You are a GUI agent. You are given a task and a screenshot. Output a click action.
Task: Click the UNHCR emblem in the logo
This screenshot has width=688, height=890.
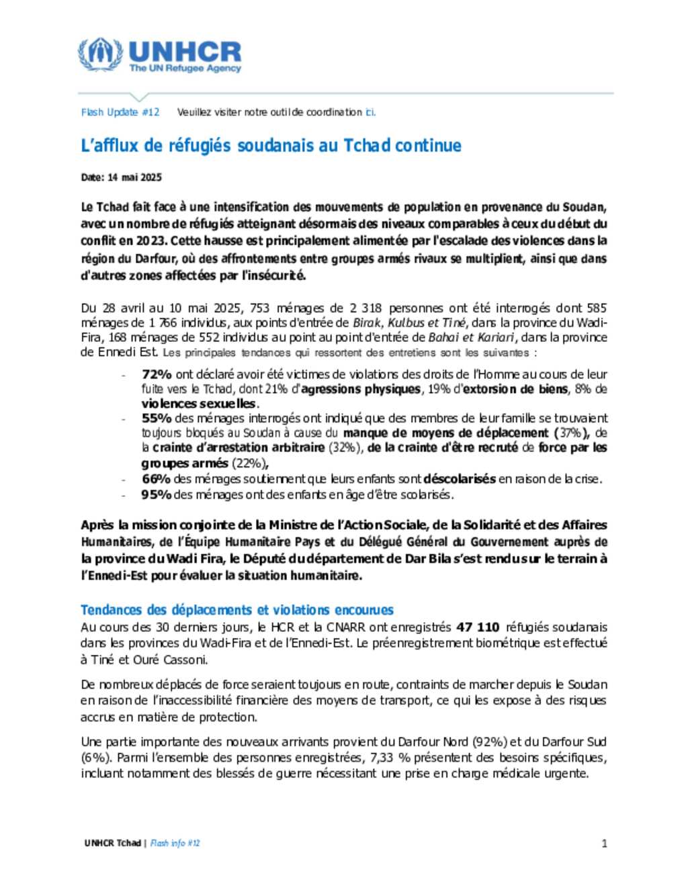100,54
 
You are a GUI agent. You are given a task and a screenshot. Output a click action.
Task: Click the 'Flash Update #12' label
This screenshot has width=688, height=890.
120,112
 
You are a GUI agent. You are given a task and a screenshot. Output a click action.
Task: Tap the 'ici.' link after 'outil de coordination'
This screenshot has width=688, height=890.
370,112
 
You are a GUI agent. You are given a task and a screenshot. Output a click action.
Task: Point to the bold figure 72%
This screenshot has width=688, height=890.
157,374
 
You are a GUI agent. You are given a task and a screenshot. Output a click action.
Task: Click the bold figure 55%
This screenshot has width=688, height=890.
157,418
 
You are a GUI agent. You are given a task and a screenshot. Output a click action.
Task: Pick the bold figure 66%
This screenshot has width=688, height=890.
157,479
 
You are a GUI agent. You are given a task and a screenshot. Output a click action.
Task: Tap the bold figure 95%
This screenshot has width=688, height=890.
157,494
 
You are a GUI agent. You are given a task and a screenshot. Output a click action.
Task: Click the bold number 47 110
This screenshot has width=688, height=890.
478,627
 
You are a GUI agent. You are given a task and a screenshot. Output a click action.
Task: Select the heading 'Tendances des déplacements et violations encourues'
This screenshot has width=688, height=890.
237,610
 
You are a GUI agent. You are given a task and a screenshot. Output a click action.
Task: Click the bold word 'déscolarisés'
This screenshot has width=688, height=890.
460,479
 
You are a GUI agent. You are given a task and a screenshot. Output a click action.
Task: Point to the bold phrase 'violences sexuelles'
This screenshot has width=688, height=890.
199,404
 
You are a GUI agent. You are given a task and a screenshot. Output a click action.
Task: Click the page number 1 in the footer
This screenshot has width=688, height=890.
604,843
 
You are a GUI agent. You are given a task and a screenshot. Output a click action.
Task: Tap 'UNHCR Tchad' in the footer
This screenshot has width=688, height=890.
113,843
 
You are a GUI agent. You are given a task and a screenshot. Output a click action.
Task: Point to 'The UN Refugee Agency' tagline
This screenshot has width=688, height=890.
185,69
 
